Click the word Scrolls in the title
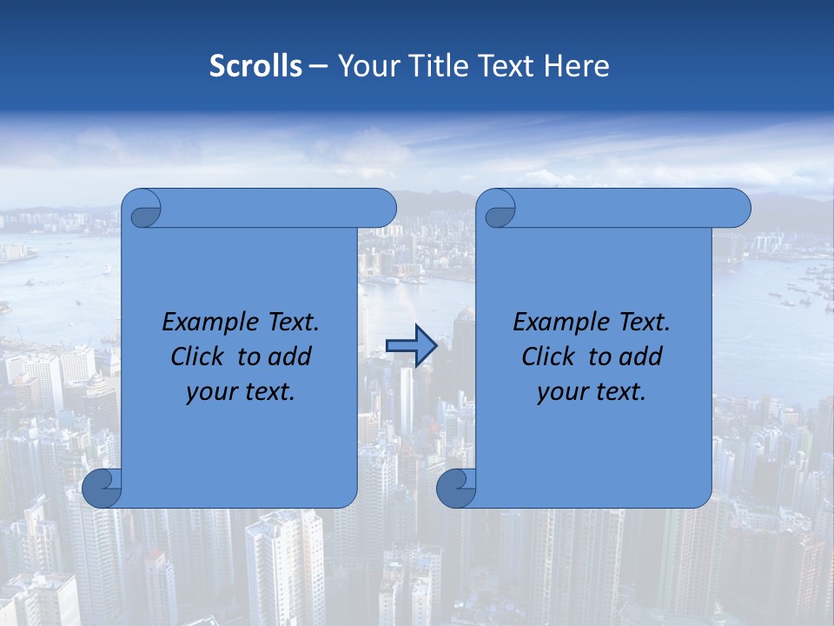256,66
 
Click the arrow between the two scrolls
411,346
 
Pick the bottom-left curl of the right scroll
456,489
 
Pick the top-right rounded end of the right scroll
734,208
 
